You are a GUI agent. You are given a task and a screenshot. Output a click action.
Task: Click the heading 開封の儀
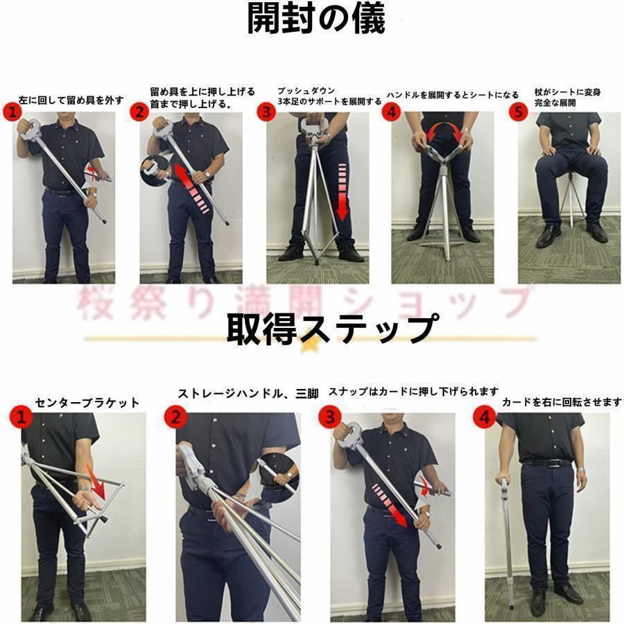tap(316, 20)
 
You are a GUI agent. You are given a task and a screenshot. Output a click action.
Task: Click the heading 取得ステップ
tap(332, 328)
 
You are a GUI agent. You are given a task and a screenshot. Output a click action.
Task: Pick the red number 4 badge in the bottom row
tap(483, 417)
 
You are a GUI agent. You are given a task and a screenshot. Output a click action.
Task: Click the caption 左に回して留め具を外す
tap(71, 100)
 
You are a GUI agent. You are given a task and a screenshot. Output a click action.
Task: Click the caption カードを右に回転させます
tap(562, 402)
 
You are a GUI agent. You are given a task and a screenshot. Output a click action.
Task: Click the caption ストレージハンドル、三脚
tap(248, 394)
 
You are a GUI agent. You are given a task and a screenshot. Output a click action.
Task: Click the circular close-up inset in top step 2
tap(155, 168)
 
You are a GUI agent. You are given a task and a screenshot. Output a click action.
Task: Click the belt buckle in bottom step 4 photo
tap(548, 462)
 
